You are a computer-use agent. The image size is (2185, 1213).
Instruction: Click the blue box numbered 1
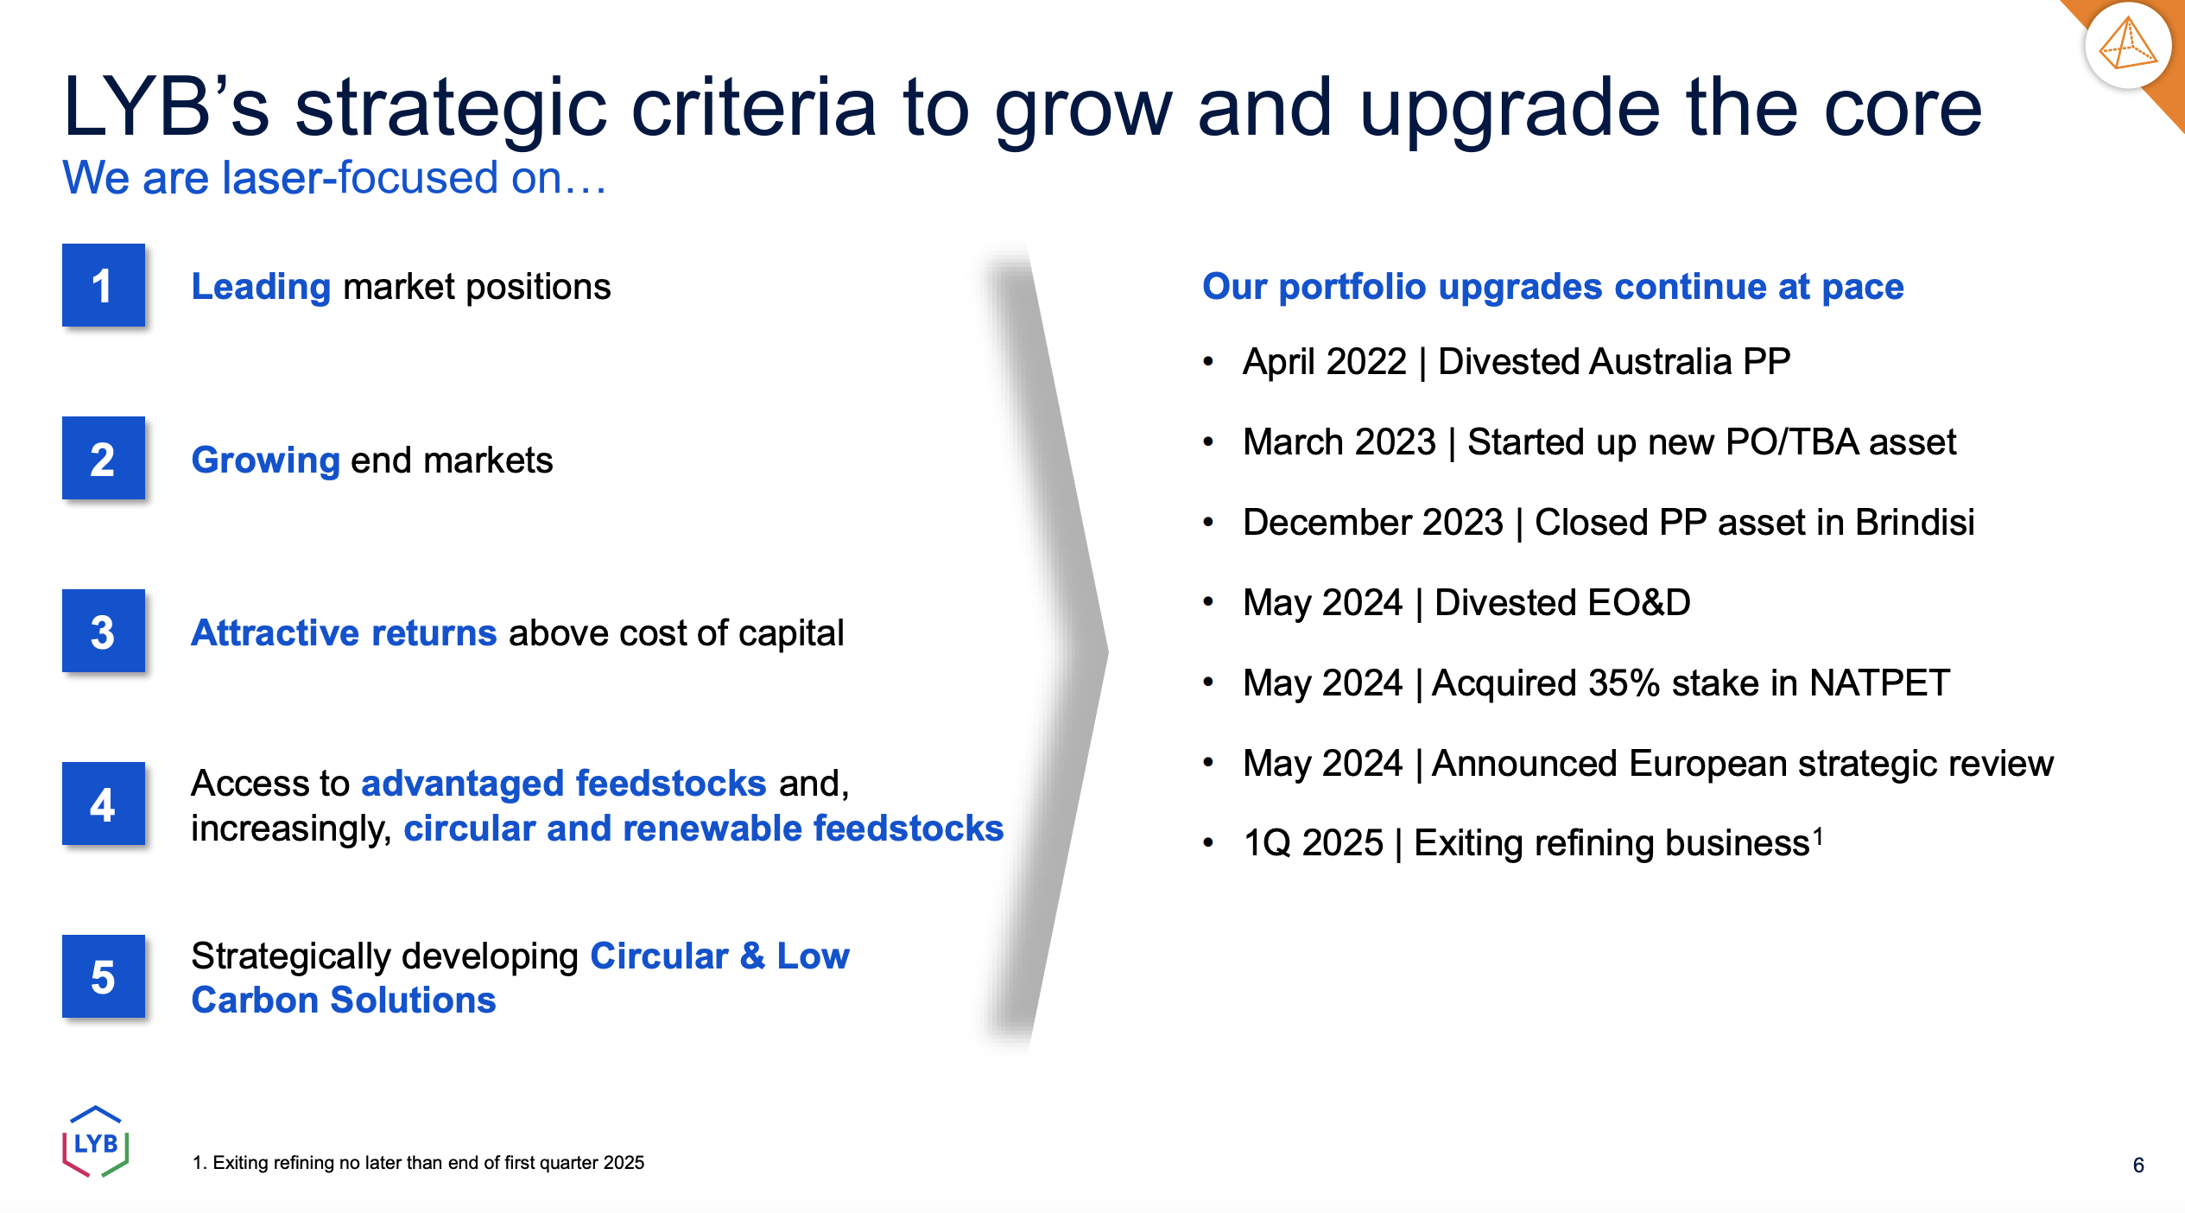coord(103,285)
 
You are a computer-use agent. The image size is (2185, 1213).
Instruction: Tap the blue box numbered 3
coord(103,631)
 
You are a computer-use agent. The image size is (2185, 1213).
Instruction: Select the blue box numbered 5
coord(103,976)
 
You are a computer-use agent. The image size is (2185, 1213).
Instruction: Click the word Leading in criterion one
coord(261,287)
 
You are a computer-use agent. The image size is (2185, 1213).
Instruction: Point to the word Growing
coord(265,460)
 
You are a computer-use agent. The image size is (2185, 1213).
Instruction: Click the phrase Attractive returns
coord(344,632)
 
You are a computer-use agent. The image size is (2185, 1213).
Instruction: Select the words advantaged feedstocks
coord(563,783)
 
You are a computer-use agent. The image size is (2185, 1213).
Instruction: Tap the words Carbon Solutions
coord(344,1000)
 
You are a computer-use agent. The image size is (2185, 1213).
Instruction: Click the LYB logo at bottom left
coord(96,1141)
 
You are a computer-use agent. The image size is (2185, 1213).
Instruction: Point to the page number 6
coord(2138,1165)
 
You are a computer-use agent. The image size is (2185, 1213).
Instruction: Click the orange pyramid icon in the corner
coord(2128,45)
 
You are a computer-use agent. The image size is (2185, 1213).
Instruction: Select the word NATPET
coord(1879,683)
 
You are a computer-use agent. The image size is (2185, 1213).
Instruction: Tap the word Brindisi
coord(1915,522)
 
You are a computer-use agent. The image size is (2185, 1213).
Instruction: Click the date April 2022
coord(1325,361)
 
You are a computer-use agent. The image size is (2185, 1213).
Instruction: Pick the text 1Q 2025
coord(1313,842)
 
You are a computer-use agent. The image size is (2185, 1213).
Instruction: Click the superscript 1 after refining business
coord(1818,834)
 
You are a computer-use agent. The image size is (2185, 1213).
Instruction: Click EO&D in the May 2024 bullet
coord(1637,602)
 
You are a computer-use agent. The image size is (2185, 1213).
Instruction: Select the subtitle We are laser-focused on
coord(334,178)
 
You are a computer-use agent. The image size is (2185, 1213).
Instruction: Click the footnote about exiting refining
coord(418,1163)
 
